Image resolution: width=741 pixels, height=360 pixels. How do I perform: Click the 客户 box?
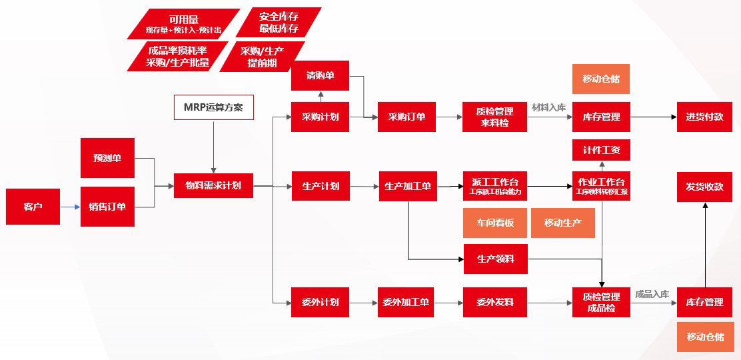pyautogui.click(x=33, y=207)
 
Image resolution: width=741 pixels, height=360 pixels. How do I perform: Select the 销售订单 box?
pyautogui.click(x=107, y=207)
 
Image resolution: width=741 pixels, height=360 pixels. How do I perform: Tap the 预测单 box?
pyautogui.click(x=107, y=158)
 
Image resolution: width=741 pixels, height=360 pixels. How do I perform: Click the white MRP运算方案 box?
pyautogui.click(x=214, y=107)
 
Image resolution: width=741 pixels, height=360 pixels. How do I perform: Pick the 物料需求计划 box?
pyautogui.click(x=213, y=185)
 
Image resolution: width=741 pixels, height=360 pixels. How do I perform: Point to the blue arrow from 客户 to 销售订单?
pyautogui.click(x=69, y=207)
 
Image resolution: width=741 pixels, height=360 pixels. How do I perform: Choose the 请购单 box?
pyautogui.click(x=320, y=76)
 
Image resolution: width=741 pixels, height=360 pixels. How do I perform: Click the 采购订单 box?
pyautogui.click(x=406, y=117)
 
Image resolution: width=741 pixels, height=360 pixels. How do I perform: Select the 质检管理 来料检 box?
pyautogui.click(x=494, y=117)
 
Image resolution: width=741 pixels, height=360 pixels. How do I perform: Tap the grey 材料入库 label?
pyautogui.click(x=548, y=107)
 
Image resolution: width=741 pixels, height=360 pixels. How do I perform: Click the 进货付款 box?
pyautogui.click(x=704, y=117)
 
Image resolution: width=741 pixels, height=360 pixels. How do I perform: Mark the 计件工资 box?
pyautogui.click(x=601, y=150)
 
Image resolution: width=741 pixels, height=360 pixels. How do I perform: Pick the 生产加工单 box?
pyautogui.click(x=408, y=186)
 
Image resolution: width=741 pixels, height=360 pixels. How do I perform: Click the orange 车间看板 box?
pyautogui.click(x=495, y=223)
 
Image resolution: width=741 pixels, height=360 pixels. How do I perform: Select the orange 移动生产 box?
pyautogui.click(x=562, y=223)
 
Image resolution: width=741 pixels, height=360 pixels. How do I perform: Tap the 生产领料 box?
pyautogui.click(x=495, y=259)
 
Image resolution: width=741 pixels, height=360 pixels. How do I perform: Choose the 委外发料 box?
pyautogui.click(x=495, y=302)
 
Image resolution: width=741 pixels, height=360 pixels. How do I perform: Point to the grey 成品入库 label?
pyautogui.click(x=652, y=294)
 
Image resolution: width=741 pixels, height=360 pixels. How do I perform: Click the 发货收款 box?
pyautogui.click(x=704, y=187)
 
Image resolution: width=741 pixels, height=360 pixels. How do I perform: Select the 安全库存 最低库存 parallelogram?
pyautogui.click(x=279, y=22)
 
